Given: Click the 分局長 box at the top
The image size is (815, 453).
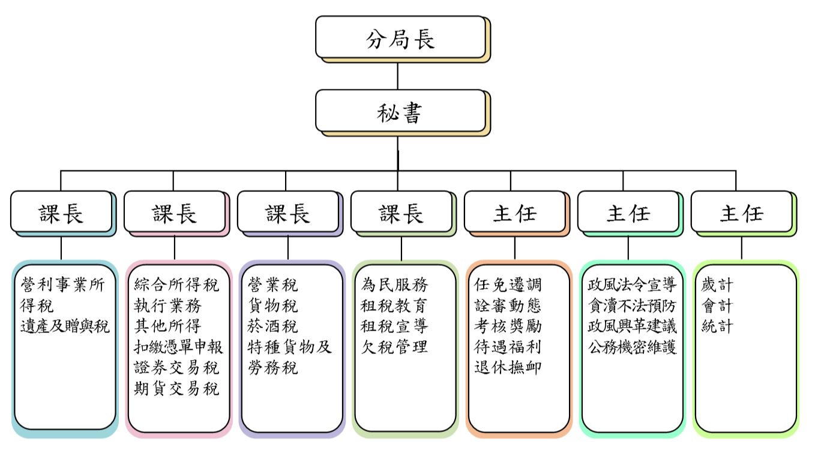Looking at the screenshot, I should coord(400,37).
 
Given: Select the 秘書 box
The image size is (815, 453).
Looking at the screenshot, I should coord(400,112).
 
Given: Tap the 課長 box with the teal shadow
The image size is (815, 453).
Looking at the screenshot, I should coord(61,212).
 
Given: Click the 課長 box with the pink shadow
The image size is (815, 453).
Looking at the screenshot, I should coord(175,212).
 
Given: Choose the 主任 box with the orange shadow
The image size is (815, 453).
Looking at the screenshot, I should coord(515,212).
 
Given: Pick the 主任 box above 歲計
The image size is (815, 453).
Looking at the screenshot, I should coord(742,212).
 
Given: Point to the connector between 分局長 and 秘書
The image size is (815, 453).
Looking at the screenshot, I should coord(398,75).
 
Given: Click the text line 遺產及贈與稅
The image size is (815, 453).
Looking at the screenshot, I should coord(65,327).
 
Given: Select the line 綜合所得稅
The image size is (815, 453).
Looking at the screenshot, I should coord(176,284).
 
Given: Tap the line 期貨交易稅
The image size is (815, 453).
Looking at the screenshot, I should coord(176,388).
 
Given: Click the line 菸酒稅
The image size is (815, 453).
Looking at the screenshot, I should coord(272,326).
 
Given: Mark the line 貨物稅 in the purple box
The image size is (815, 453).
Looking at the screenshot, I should coord(272,305).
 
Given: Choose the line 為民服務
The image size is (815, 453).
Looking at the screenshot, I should coord(394,284).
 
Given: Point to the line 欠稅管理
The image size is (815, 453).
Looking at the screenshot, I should coord(394,347).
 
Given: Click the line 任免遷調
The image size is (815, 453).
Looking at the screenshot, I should coord(508,284).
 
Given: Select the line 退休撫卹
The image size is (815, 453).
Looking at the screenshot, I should coord(508,367).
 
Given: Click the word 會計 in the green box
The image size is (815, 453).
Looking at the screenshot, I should coord(717,305).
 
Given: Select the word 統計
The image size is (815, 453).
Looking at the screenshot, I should coord(717,326).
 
